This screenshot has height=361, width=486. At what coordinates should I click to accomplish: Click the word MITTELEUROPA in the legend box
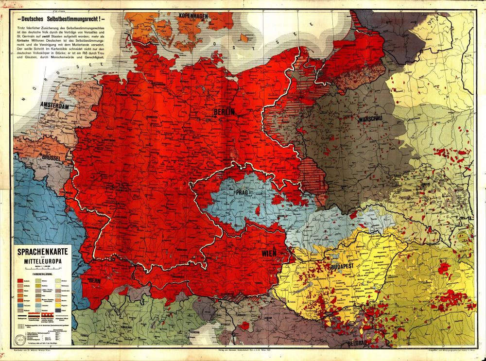(x=43, y=261)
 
